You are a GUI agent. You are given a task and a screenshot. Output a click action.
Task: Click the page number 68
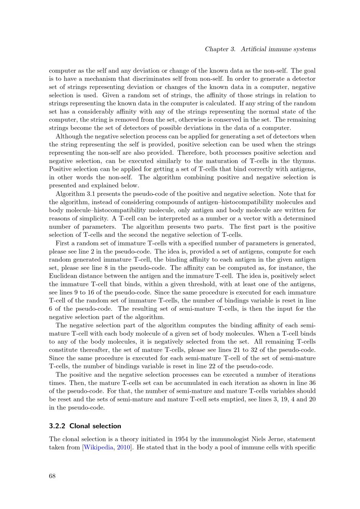[52, 476]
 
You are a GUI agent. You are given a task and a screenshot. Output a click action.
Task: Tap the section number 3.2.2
[57, 426]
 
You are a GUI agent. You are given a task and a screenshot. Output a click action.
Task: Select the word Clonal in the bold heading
[80, 426]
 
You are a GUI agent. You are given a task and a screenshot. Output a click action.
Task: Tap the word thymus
[305, 161]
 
